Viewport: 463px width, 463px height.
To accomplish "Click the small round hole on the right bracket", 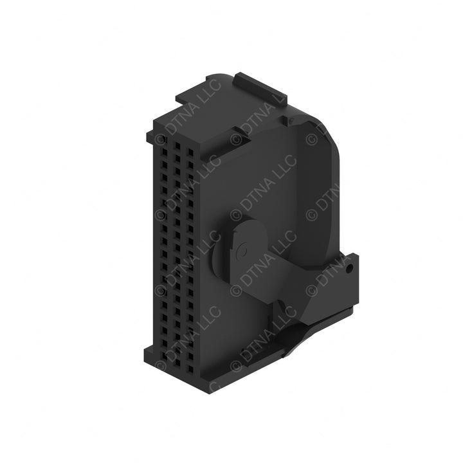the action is point(350,269).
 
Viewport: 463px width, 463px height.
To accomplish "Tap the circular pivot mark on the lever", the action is point(242,251).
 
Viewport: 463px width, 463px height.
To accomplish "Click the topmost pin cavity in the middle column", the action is point(177,146).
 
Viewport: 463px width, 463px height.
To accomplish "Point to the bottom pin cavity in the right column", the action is point(191,369).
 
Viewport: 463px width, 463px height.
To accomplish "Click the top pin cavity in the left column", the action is point(165,140).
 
